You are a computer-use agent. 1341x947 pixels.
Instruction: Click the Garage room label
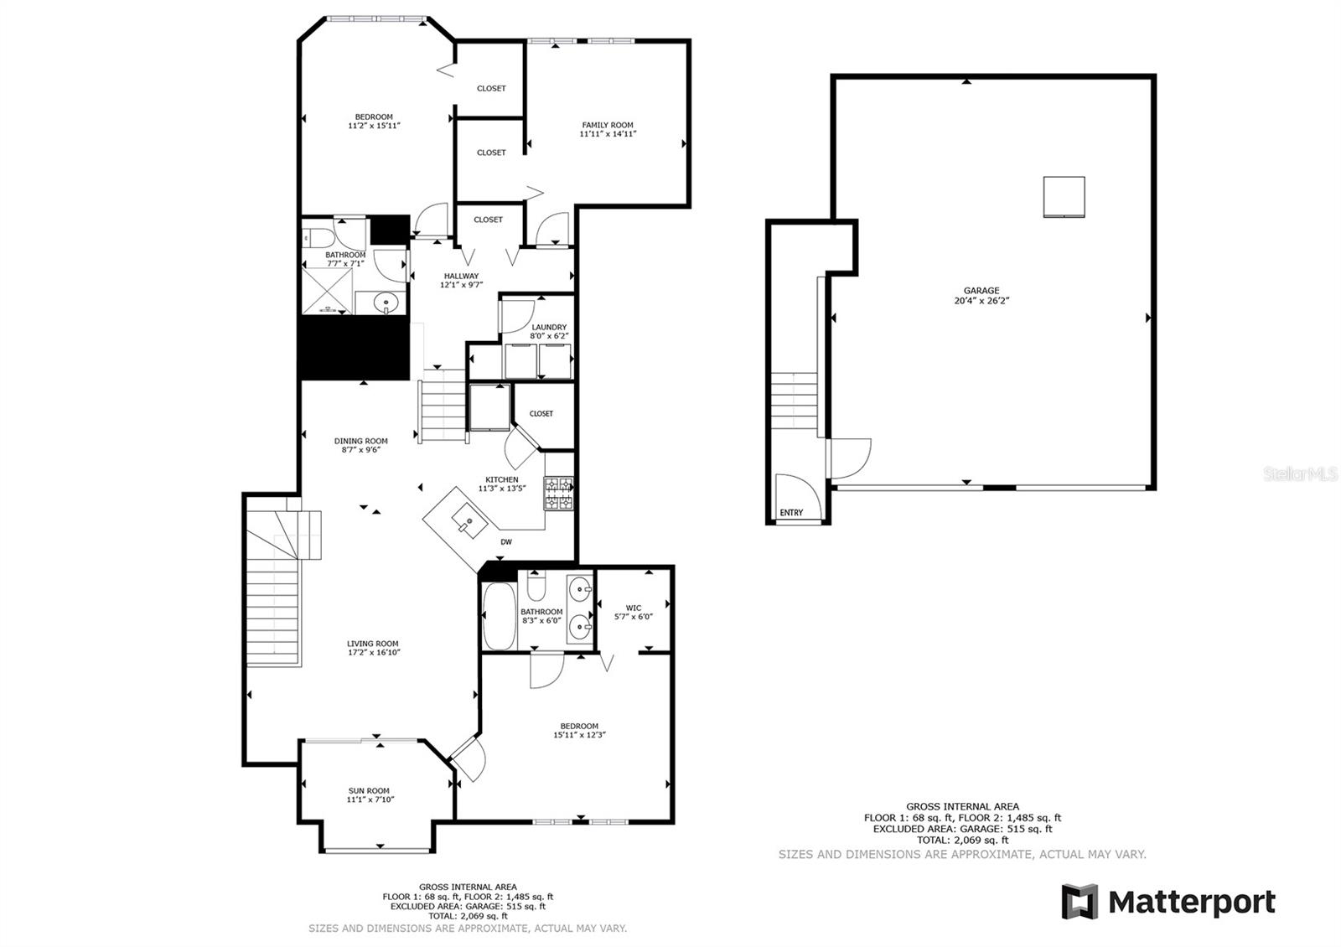[981, 291]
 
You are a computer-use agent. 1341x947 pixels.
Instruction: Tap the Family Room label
[608, 125]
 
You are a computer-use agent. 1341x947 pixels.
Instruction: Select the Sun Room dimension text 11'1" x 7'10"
[370, 800]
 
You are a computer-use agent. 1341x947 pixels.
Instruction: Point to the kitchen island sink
[468, 523]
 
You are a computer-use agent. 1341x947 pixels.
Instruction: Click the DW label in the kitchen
[506, 542]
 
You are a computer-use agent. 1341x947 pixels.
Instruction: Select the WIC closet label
[634, 608]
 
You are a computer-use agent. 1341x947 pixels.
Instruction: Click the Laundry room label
[549, 327]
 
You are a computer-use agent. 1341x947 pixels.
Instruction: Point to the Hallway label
[461, 276]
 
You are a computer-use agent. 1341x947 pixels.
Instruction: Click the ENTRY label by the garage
[791, 513]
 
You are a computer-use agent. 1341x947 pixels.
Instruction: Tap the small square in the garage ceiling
[1064, 197]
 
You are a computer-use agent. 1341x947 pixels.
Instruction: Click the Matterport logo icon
[1080, 902]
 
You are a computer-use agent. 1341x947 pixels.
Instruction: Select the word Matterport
[1191, 903]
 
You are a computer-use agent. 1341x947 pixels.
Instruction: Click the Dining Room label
[361, 441]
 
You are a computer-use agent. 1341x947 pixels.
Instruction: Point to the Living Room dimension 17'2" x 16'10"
[373, 652]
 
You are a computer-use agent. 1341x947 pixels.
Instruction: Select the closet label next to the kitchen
[541, 413]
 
